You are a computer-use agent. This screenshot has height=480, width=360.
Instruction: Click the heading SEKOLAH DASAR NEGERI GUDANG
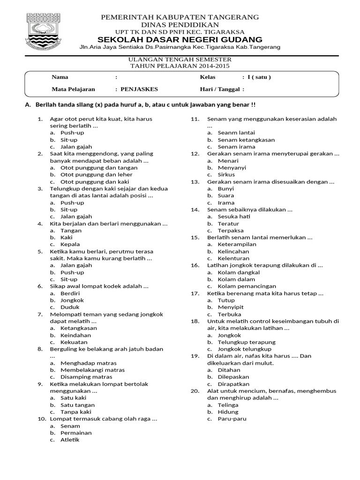pos(180,39)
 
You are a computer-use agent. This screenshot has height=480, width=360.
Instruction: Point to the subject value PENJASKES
pos(139,89)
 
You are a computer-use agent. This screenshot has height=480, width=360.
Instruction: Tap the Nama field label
pos(60,77)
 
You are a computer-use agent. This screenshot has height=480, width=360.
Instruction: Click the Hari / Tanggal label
pos(219,89)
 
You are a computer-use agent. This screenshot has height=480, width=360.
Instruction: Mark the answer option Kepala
pos(70,244)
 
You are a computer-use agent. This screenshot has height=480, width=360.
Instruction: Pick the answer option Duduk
pos(69,307)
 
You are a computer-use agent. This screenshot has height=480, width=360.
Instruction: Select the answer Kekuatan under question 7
pos(74,342)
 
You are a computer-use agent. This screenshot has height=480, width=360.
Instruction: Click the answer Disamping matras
pos(86,377)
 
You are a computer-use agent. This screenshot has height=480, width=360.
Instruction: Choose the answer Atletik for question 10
pos(70,440)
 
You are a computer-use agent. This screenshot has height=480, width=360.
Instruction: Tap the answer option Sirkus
pos(226,174)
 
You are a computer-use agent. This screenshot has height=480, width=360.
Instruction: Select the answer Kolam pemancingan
pos(247,286)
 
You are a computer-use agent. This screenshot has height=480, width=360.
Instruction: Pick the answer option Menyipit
pos(231,307)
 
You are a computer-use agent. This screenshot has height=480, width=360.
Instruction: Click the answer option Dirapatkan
pos(233,384)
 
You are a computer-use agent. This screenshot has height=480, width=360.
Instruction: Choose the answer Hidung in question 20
pos(228,412)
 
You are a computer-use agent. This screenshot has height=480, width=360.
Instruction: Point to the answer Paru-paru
pos(232,419)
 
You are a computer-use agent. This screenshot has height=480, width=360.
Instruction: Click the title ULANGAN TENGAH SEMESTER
pos(180,60)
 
